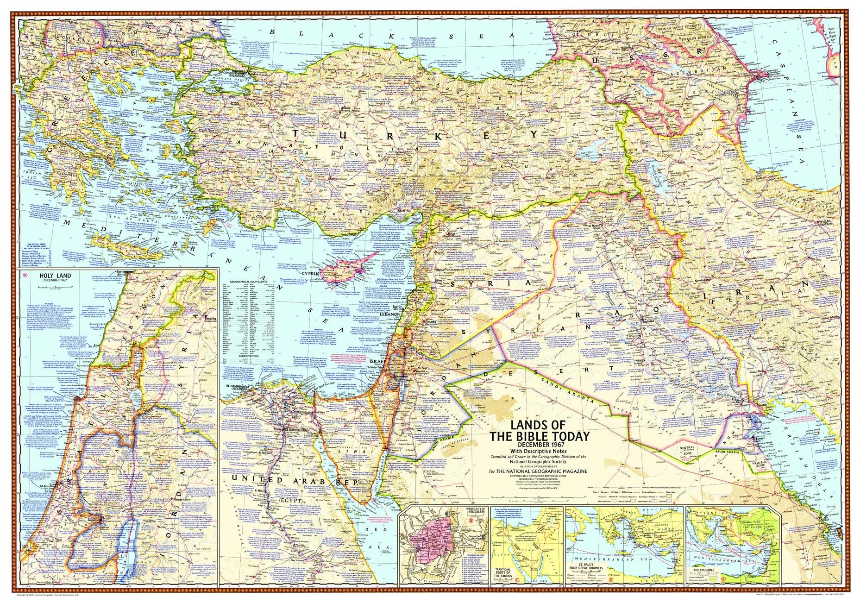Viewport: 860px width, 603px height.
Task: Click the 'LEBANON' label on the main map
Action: pyautogui.click(x=390, y=313)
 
